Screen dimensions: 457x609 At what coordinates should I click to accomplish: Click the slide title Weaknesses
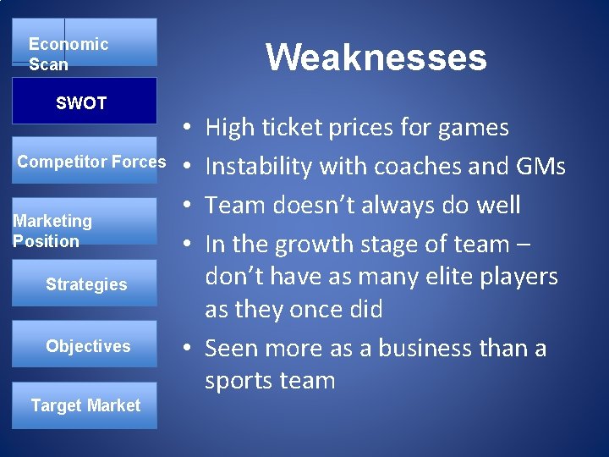coord(376,58)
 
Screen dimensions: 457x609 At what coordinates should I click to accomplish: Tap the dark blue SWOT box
coord(84,102)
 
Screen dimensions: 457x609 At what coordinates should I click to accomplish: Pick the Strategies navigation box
coord(85,284)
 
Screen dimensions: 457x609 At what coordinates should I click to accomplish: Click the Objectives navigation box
coord(87,345)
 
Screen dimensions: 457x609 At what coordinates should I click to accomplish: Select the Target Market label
coord(85,405)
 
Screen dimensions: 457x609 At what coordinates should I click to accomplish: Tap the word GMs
coord(540,167)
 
